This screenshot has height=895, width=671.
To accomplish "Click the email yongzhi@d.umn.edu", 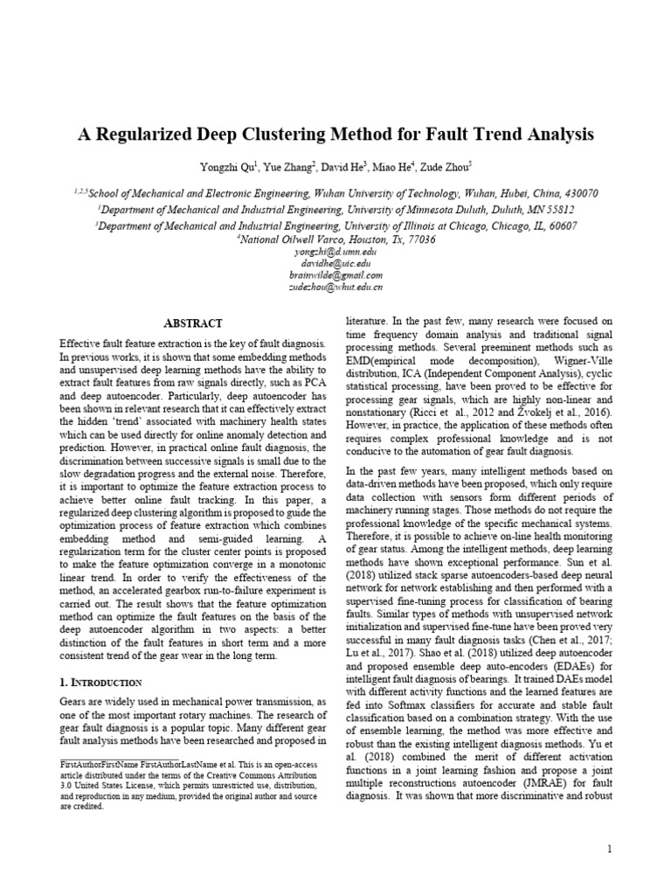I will [335, 250].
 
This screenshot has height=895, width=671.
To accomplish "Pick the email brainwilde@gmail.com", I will [335, 274].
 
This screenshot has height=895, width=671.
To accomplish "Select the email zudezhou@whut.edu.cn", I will [335, 287].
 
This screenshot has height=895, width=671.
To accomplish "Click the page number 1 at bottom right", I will [610, 849].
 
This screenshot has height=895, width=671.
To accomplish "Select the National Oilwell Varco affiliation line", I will [335, 239].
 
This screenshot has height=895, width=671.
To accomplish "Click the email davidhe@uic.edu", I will [335, 262].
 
